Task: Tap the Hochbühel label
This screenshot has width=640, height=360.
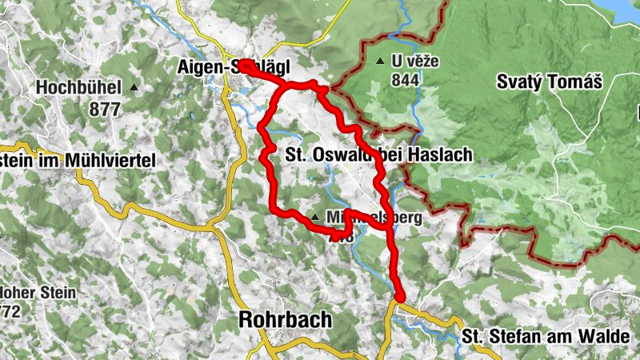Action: click(x=78, y=86)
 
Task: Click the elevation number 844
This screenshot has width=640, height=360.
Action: click(x=406, y=80)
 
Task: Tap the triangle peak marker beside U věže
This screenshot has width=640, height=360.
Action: click(x=380, y=61)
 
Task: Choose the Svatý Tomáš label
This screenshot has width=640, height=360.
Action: click(x=548, y=82)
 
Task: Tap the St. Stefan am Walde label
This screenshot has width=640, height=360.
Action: click(x=546, y=336)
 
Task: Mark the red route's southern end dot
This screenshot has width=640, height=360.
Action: click(x=400, y=298)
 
